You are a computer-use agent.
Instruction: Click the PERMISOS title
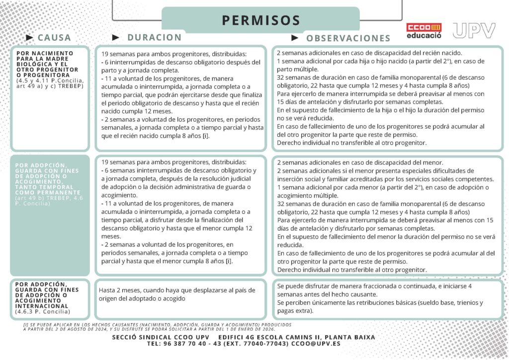tap(261, 20)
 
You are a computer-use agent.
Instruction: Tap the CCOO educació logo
tap(424, 31)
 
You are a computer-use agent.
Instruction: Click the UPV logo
tap(474, 30)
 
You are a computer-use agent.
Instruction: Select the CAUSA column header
tap(54, 37)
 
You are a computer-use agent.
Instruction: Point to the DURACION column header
tap(155, 37)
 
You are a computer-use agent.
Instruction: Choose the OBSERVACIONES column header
tap(348, 38)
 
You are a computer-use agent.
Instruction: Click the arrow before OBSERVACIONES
tap(295, 37)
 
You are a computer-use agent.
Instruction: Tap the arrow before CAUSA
tap(29, 37)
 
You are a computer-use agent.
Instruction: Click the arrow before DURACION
tap(116, 37)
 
